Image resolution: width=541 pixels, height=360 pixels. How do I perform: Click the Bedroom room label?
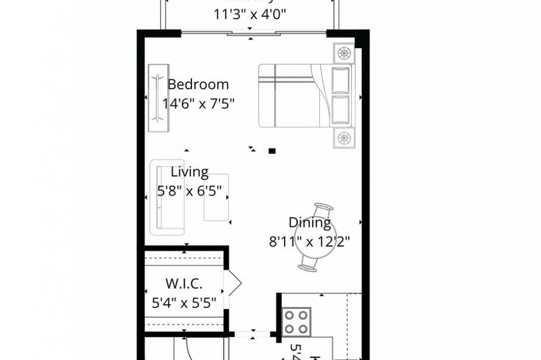tap(198, 84)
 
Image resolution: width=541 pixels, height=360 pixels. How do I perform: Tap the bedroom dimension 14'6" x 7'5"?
tap(198, 104)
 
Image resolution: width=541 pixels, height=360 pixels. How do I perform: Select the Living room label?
tap(190, 172)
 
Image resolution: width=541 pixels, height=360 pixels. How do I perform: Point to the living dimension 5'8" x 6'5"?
tap(190, 191)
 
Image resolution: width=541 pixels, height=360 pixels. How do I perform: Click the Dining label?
tap(310, 223)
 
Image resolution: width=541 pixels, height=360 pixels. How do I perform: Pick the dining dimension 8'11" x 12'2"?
tap(310, 242)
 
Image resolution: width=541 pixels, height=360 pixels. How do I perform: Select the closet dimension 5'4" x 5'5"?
tap(184, 303)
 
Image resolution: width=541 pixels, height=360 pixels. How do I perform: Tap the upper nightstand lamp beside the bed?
tap(344, 53)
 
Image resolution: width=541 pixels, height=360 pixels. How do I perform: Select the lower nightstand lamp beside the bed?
tap(344, 138)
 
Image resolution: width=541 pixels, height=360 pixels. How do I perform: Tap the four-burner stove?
tap(296, 321)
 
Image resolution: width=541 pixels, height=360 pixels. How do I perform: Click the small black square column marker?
tap(272, 151)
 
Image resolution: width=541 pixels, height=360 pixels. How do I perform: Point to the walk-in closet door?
tap(232, 283)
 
